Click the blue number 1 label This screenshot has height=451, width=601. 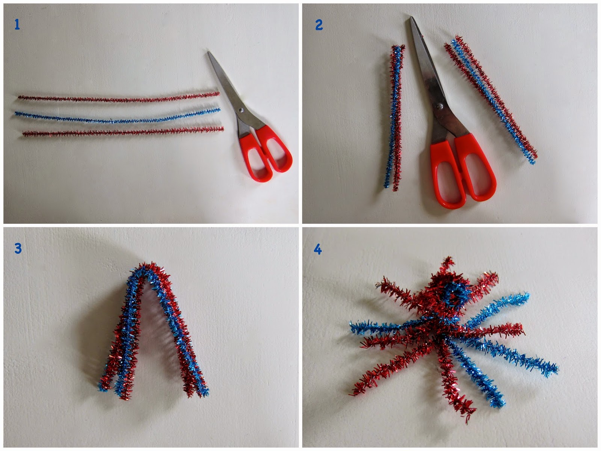click(x=17, y=25)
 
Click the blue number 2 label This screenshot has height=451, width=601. click(x=319, y=25)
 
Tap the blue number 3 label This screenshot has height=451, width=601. click(x=18, y=248)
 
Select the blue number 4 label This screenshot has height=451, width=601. click(x=318, y=250)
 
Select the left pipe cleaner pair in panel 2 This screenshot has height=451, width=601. click(x=393, y=117)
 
